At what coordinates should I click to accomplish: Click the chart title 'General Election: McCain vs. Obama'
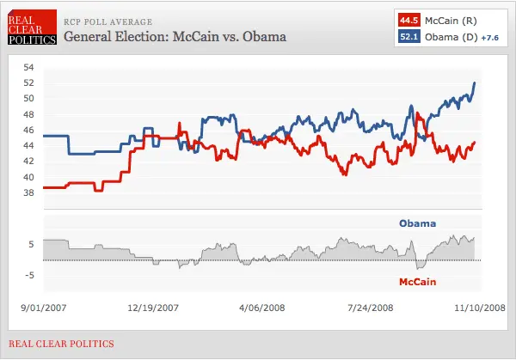tap(175, 38)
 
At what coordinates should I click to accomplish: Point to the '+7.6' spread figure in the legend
tap(490, 36)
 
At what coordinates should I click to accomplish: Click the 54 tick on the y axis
tap(28, 67)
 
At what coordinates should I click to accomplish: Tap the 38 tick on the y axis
tap(28, 192)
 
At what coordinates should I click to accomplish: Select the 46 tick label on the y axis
tap(28, 130)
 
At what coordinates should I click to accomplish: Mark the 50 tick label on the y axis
tap(28, 99)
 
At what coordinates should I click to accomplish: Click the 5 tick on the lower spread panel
tap(31, 244)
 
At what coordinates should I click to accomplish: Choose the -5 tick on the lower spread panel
tap(29, 275)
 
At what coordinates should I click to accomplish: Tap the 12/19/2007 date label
tap(153, 305)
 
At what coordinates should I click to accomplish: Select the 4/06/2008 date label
tap(262, 305)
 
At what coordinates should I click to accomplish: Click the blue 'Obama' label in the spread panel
tap(417, 223)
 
